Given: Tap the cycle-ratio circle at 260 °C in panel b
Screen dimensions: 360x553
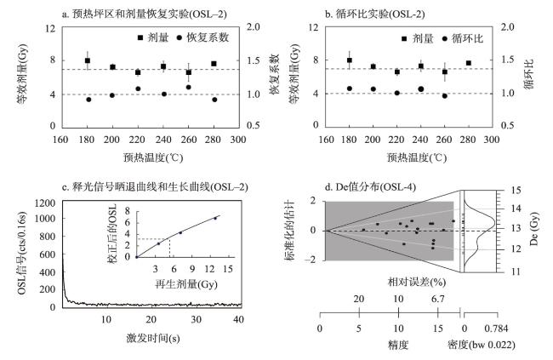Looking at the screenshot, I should tap(444, 95).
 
